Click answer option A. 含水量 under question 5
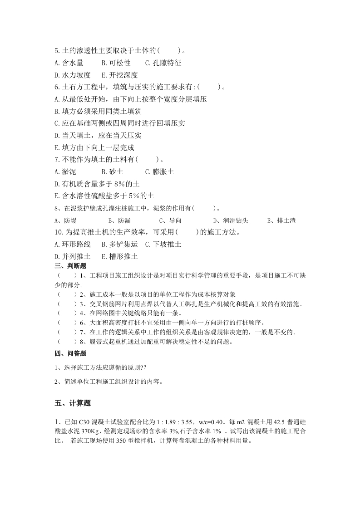69,63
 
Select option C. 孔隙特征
163,63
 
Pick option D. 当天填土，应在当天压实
98,135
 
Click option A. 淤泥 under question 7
65,172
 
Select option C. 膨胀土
159,172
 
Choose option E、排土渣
281,220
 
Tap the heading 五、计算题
73,403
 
